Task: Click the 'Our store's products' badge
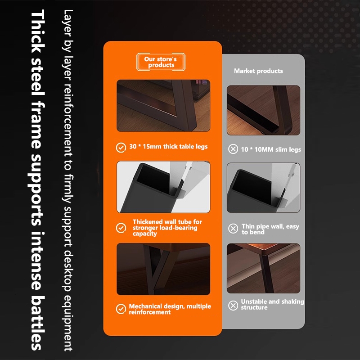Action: click(x=161, y=62)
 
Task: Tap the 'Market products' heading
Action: click(x=258, y=71)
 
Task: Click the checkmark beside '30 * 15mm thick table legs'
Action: click(x=121, y=148)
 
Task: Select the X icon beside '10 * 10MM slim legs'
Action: click(x=233, y=149)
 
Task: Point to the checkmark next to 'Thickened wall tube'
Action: click(x=121, y=228)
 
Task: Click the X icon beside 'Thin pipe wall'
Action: click(x=233, y=229)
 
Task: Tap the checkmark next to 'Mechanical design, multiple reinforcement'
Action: click(x=121, y=309)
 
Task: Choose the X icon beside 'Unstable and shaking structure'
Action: click(x=233, y=306)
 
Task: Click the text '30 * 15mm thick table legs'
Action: click(x=168, y=147)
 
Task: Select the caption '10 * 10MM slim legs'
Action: click(x=271, y=149)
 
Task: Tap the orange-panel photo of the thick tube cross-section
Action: click(x=163, y=187)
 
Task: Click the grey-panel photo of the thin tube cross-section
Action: click(x=263, y=188)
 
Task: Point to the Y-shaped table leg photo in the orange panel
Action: click(x=163, y=269)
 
